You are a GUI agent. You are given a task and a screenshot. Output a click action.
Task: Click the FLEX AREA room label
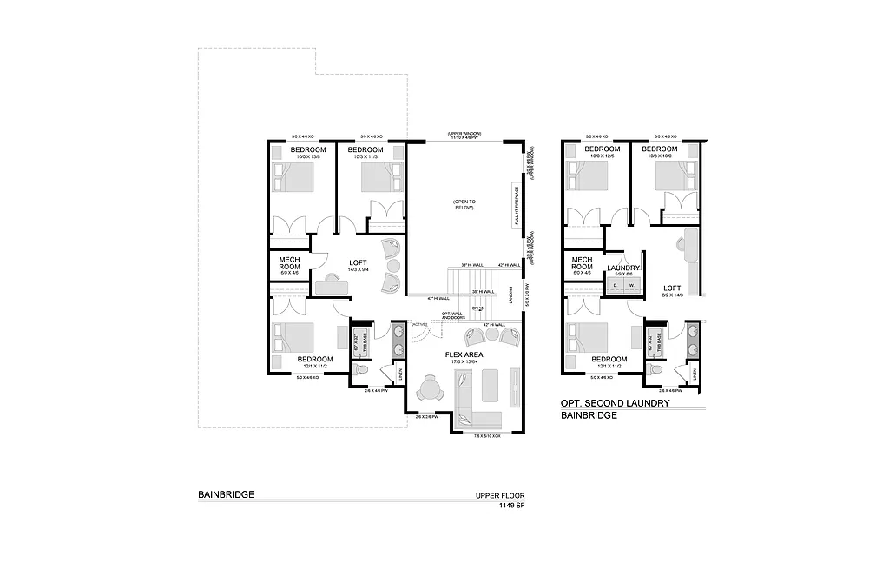point(464,354)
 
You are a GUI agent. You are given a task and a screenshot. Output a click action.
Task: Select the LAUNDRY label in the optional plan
point(623,268)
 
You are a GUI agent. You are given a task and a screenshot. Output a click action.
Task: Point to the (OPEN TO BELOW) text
point(464,205)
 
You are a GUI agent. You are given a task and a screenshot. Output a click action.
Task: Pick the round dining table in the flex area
point(430,387)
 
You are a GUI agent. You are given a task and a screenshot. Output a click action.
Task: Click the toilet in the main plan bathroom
point(362,372)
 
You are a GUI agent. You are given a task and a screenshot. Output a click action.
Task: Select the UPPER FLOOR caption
point(500,495)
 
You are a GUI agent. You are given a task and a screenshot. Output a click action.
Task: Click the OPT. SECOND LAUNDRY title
point(615,403)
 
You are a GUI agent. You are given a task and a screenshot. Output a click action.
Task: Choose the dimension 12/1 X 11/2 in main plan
point(315,367)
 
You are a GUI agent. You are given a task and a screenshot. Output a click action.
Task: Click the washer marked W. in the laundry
point(631,284)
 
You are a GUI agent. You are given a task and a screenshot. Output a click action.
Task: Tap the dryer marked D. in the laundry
point(616,284)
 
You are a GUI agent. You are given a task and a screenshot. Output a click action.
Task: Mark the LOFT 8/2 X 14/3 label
point(672,290)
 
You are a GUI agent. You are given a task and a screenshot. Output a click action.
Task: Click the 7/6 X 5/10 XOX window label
point(487,435)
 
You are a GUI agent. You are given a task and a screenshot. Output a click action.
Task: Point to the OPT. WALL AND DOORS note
point(451,316)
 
